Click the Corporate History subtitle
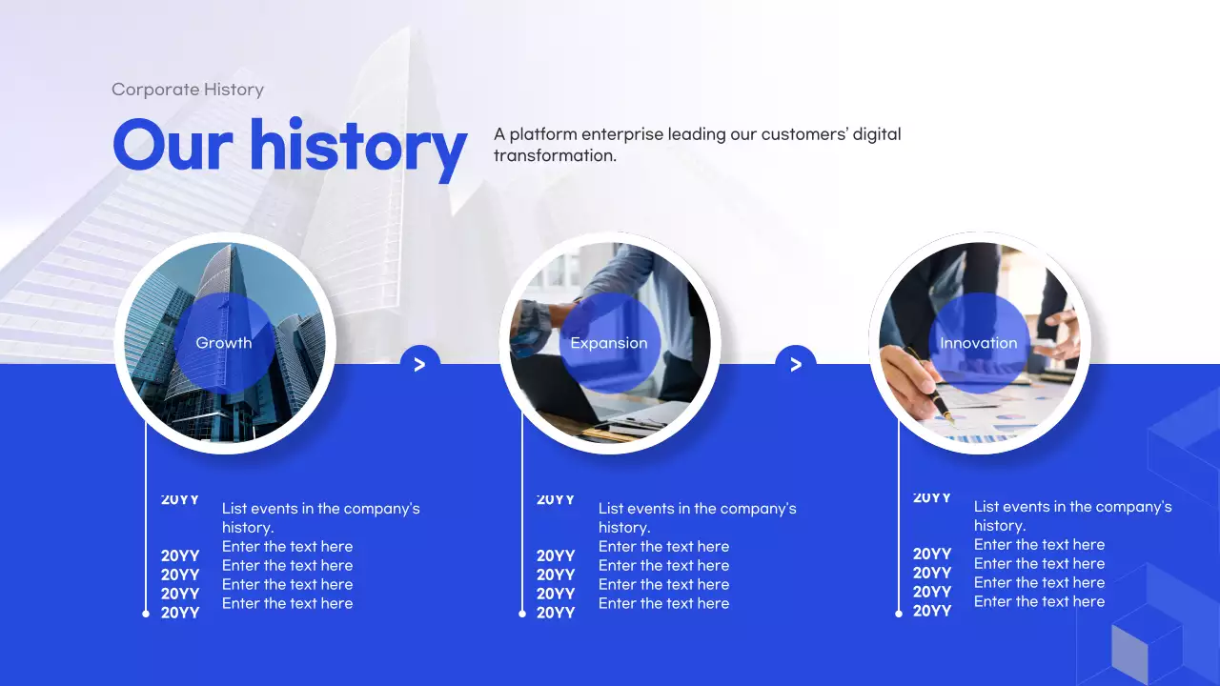tap(188, 90)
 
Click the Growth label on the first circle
tap(224, 343)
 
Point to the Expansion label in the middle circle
tap(609, 343)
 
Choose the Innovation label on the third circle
tap(979, 343)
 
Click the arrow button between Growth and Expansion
tap(419, 364)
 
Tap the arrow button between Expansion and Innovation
tap(796, 364)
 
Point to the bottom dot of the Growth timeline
tap(146, 614)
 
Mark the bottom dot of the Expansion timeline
tap(522, 614)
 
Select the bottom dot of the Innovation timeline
tap(899, 614)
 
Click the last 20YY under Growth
tap(180, 613)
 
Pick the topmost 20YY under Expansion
tap(556, 499)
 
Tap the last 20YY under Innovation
tap(932, 611)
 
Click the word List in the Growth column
tap(234, 509)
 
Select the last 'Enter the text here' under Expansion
tap(663, 603)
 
